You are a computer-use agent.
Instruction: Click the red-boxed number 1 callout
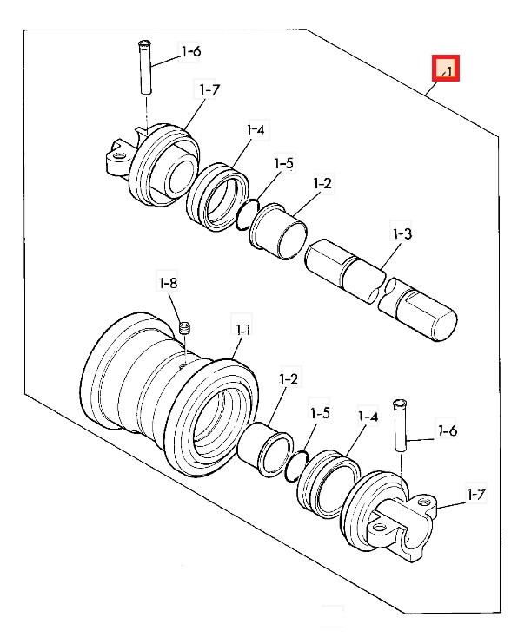click(x=445, y=69)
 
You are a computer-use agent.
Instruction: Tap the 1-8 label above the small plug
click(x=169, y=283)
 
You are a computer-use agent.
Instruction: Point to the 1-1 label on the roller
click(x=242, y=330)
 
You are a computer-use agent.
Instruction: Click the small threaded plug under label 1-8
click(x=184, y=328)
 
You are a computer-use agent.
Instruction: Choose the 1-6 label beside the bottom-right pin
click(x=447, y=430)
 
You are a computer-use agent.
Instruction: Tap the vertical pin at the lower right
click(x=400, y=424)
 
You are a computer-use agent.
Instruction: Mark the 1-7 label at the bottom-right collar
click(x=475, y=495)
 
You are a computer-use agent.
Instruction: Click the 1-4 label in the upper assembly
click(x=256, y=130)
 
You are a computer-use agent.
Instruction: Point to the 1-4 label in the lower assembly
click(x=368, y=417)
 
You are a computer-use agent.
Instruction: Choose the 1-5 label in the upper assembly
click(x=283, y=163)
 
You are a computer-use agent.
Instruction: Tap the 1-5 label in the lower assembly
click(x=319, y=413)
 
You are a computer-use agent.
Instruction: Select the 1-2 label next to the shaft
click(x=322, y=184)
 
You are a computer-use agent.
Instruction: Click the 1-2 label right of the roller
click(x=289, y=379)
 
